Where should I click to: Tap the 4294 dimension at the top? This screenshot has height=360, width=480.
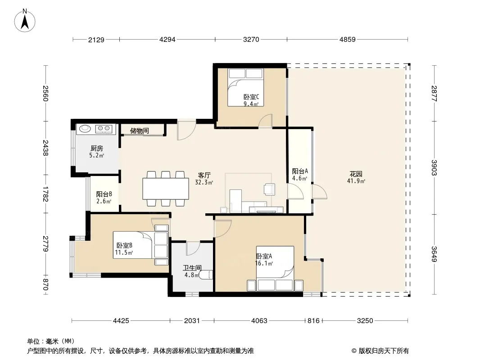[x=167, y=40]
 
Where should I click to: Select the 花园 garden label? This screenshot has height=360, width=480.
[x=356, y=174]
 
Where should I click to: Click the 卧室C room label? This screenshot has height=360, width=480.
[x=251, y=97]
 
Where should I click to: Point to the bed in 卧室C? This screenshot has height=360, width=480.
[x=245, y=87]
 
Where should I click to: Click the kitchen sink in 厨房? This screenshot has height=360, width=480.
[x=85, y=128]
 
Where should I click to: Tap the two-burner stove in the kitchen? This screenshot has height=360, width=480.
[x=105, y=129]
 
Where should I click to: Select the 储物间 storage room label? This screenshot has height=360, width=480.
[x=139, y=131]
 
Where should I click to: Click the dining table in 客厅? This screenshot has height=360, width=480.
[x=166, y=189]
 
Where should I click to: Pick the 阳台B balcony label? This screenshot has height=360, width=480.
[x=104, y=194]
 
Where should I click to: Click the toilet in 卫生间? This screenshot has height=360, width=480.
[x=206, y=274]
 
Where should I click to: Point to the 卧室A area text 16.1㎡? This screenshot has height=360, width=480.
[x=264, y=263]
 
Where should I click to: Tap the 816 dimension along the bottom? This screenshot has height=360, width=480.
[x=313, y=320]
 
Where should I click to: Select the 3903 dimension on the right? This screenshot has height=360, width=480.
[x=434, y=167]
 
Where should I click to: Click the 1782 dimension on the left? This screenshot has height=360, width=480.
[x=45, y=194]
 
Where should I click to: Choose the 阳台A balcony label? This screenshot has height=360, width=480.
[x=300, y=171]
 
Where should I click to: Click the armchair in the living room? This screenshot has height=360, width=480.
[x=269, y=189]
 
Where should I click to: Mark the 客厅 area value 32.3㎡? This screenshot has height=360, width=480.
[x=204, y=183]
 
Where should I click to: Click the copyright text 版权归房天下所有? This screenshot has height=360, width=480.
[x=384, y=351]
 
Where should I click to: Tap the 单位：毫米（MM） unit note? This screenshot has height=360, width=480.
[x=51, y=341]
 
